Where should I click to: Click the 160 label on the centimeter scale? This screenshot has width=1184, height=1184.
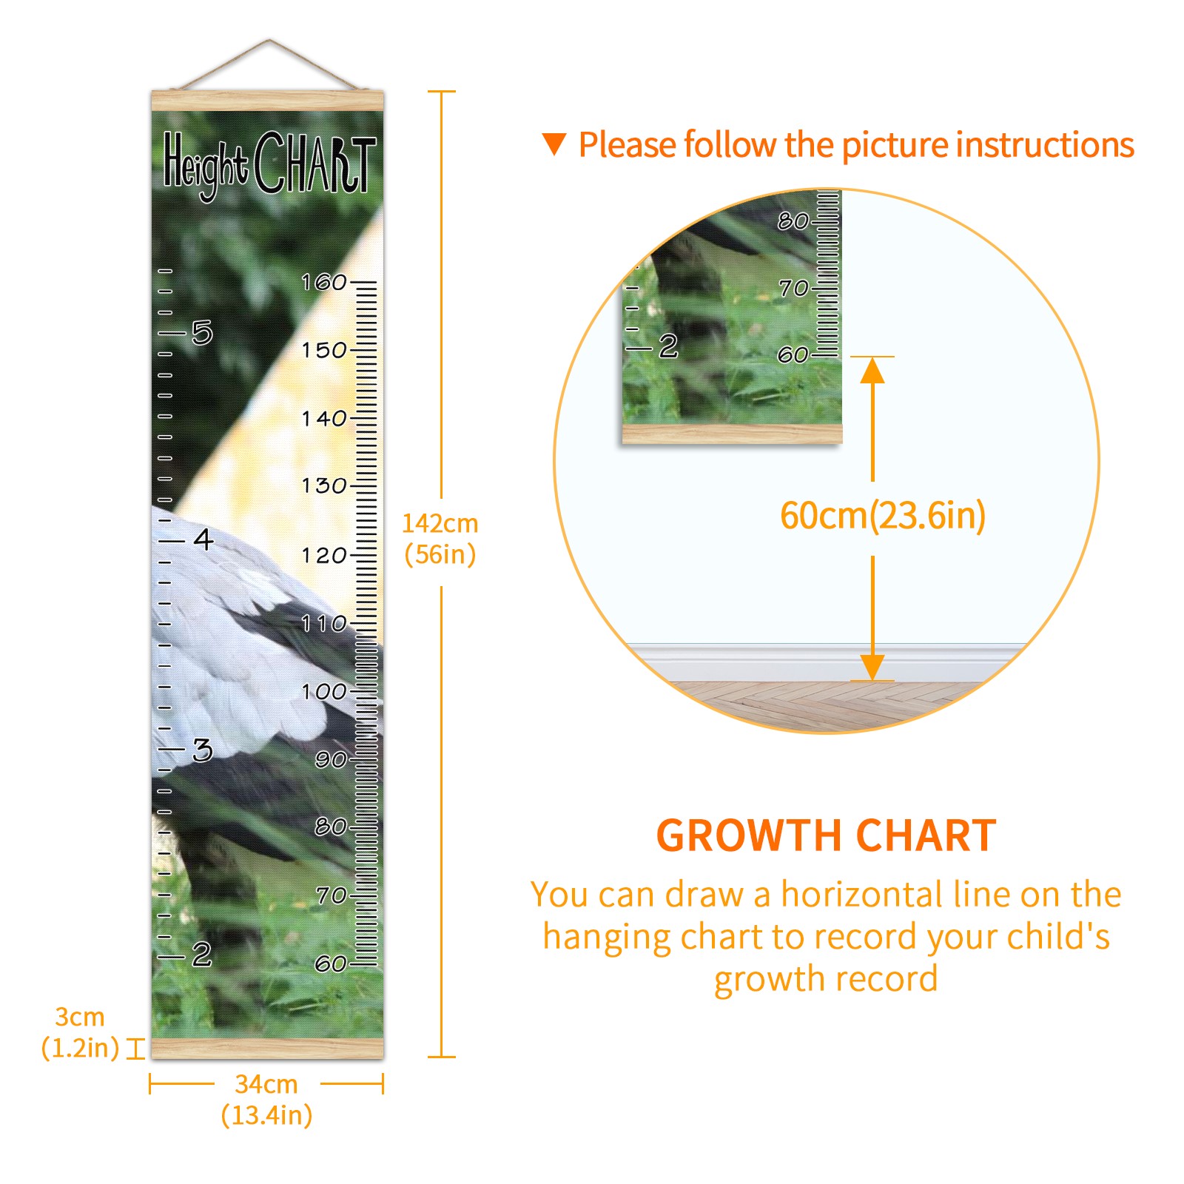[x=323, y=282]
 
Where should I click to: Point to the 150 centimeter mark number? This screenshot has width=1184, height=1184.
[x=323, y=350]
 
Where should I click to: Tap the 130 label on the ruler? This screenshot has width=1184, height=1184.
[x=323, y=485]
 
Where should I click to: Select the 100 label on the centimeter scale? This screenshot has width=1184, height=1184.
[x=323, y=692]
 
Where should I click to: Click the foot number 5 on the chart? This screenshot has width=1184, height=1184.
[x=202, y=333]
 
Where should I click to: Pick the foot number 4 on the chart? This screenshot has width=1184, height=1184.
[x=203, y=539]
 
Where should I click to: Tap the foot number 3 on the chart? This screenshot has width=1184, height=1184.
[x=202, y=750]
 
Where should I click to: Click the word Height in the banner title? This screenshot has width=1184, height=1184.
[x=204, y=165]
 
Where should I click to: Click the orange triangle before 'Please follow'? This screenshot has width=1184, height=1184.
[x=554, y=144]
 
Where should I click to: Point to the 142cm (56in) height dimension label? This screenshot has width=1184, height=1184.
[x=440, y=539]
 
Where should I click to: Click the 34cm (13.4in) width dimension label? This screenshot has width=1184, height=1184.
[x=266, y=1100]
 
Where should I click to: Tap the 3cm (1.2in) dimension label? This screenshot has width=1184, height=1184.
[x=80, y=1032]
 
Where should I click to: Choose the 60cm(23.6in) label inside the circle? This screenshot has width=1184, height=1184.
[x=883, y=515]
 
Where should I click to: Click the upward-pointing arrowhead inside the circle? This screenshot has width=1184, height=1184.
[x=872, y=370]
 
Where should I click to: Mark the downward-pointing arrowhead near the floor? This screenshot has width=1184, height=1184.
[x=872, y=667]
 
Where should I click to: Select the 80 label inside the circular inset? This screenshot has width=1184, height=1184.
[x=793, y=221]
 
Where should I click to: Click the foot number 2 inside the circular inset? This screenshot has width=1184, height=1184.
[x=668, y=346]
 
